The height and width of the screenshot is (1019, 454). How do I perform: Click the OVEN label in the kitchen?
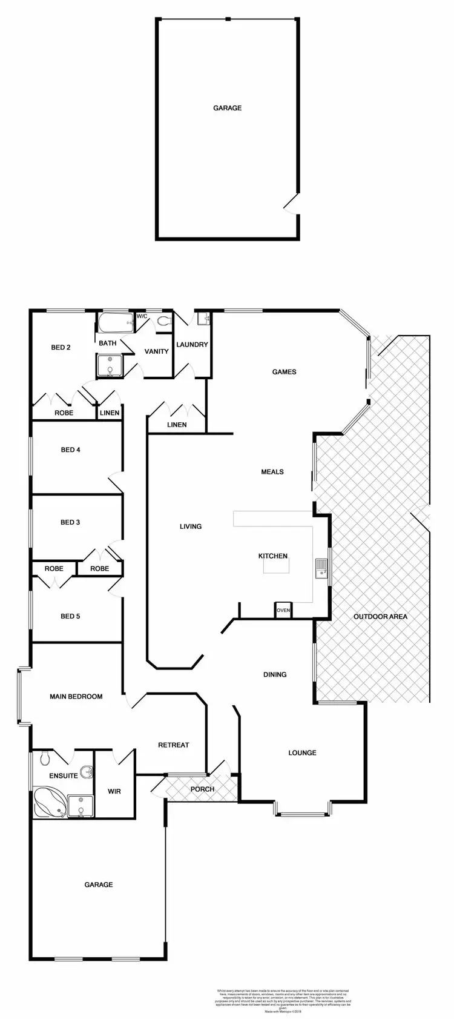pyautogui.click(x=283, y=610)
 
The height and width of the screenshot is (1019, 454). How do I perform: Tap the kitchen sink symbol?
pyautogui.click(x=321, y=568)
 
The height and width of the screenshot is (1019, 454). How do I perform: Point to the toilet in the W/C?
pyautogui.click(x=163, y=321)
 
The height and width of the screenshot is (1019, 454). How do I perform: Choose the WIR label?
pyautogui.click(x=114, y=791)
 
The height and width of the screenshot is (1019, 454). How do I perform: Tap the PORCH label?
pyautogui.click(x=202, y=789)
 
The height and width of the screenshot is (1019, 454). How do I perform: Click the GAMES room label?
pyautogui.click(x=284, y=371)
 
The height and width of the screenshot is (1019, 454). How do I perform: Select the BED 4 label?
pyautogui.click(x=71, y=450)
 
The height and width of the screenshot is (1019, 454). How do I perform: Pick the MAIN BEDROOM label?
pyautogui.click(x=76, y=696)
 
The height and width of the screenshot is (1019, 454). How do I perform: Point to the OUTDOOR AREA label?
pyautogui.click(x=380, y=617)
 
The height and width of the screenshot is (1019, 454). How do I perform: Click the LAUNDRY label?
pyautogui.click(x=192, y=345)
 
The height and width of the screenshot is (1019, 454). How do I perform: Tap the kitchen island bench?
pyautogui.click(x=276, y=565)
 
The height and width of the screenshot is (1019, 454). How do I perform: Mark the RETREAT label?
pyautogui.click(x=173, y=745)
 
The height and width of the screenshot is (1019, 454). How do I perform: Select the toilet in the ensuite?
pyautogui.click(x=44, y=759)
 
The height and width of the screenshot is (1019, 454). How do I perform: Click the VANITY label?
pyautogui.click(x=156, y=351)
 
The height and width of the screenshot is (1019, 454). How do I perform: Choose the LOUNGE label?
pyautogui.click(x=302, y=752)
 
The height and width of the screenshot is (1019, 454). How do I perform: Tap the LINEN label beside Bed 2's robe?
pyautogui.click(x=110, y=413)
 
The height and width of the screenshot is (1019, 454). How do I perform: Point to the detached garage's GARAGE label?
pyautogui.click(x=227, y=108)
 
